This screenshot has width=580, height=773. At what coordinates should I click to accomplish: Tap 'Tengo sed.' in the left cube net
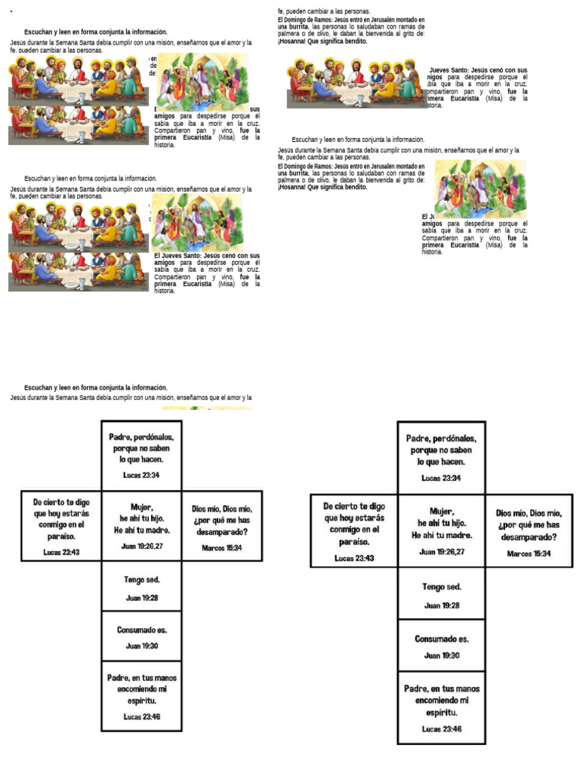click(141, 580)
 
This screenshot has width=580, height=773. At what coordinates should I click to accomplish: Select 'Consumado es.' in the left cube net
click(141, 630)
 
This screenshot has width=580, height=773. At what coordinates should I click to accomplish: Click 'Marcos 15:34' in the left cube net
click(222, 547)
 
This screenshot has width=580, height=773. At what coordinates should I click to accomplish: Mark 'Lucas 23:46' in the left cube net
click(141, 716)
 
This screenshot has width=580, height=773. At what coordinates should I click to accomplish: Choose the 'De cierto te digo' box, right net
click(354, 531)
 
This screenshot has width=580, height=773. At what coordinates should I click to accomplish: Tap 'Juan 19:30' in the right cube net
click(442, 656)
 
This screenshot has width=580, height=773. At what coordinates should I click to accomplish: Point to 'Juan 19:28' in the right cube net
click(442, 605)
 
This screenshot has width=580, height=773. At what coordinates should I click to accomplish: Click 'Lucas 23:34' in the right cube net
click(441, 478)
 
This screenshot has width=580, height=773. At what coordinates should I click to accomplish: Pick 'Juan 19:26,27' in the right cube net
click(442, 552)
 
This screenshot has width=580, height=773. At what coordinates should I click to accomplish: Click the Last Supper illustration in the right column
click(354, 83)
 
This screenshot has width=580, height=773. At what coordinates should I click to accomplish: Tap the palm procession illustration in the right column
click(480, 189)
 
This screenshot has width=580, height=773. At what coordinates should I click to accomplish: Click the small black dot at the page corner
click(12, 12)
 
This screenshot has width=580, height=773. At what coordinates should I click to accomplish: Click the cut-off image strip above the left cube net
click(207, 408)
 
